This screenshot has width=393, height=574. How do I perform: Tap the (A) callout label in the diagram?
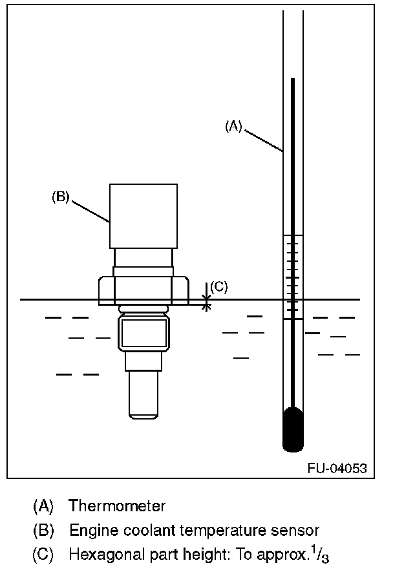(233, 127)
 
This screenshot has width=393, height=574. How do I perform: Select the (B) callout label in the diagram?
(60, 197)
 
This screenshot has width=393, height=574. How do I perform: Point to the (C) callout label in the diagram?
(219, 286)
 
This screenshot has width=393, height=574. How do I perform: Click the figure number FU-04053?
(337, 468)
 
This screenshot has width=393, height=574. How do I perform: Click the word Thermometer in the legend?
(117, 505)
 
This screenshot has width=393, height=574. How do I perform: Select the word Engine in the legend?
(90, 531)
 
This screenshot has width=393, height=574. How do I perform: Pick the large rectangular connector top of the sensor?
(143, 215)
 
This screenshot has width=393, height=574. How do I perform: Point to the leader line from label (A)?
(264, 140)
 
